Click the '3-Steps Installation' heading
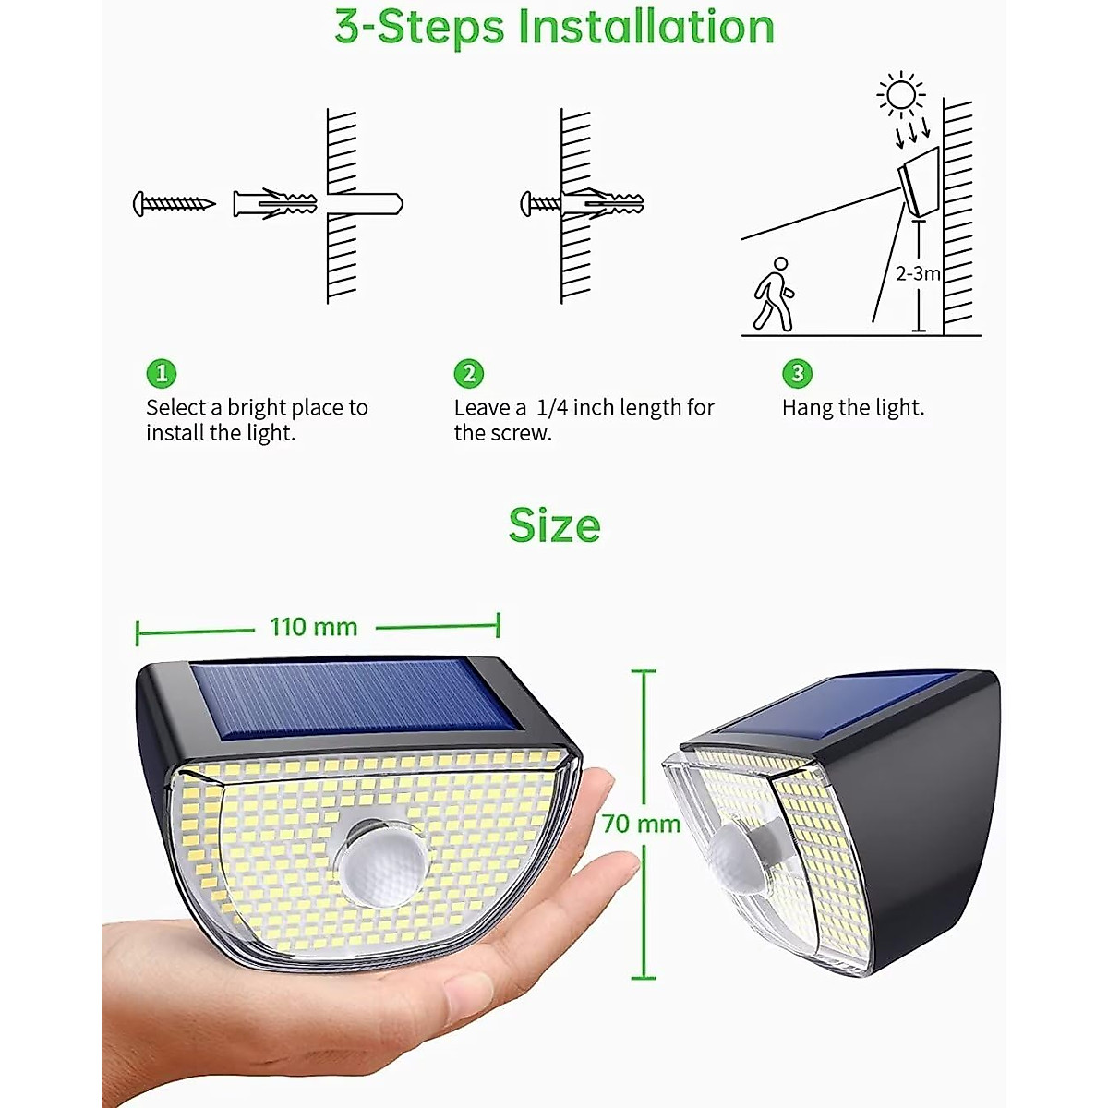click(x=554, y=28)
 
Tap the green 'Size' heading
click(x=554, y=525)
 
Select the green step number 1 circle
click(x=161, y=373)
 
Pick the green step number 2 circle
click(x=469, y=373)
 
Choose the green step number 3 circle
click(x=797, y=373)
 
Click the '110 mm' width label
click(x=314, y=628)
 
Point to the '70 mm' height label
click(x=640, y=824)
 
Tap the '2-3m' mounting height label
click(x=918, y=273)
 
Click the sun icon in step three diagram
click(x=900, y=95)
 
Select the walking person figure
click(x=774, y=295)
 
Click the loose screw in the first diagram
click(x=174, y=203)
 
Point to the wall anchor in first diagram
click(x=275, y=203)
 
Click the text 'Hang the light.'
click(x=852, y=407)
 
